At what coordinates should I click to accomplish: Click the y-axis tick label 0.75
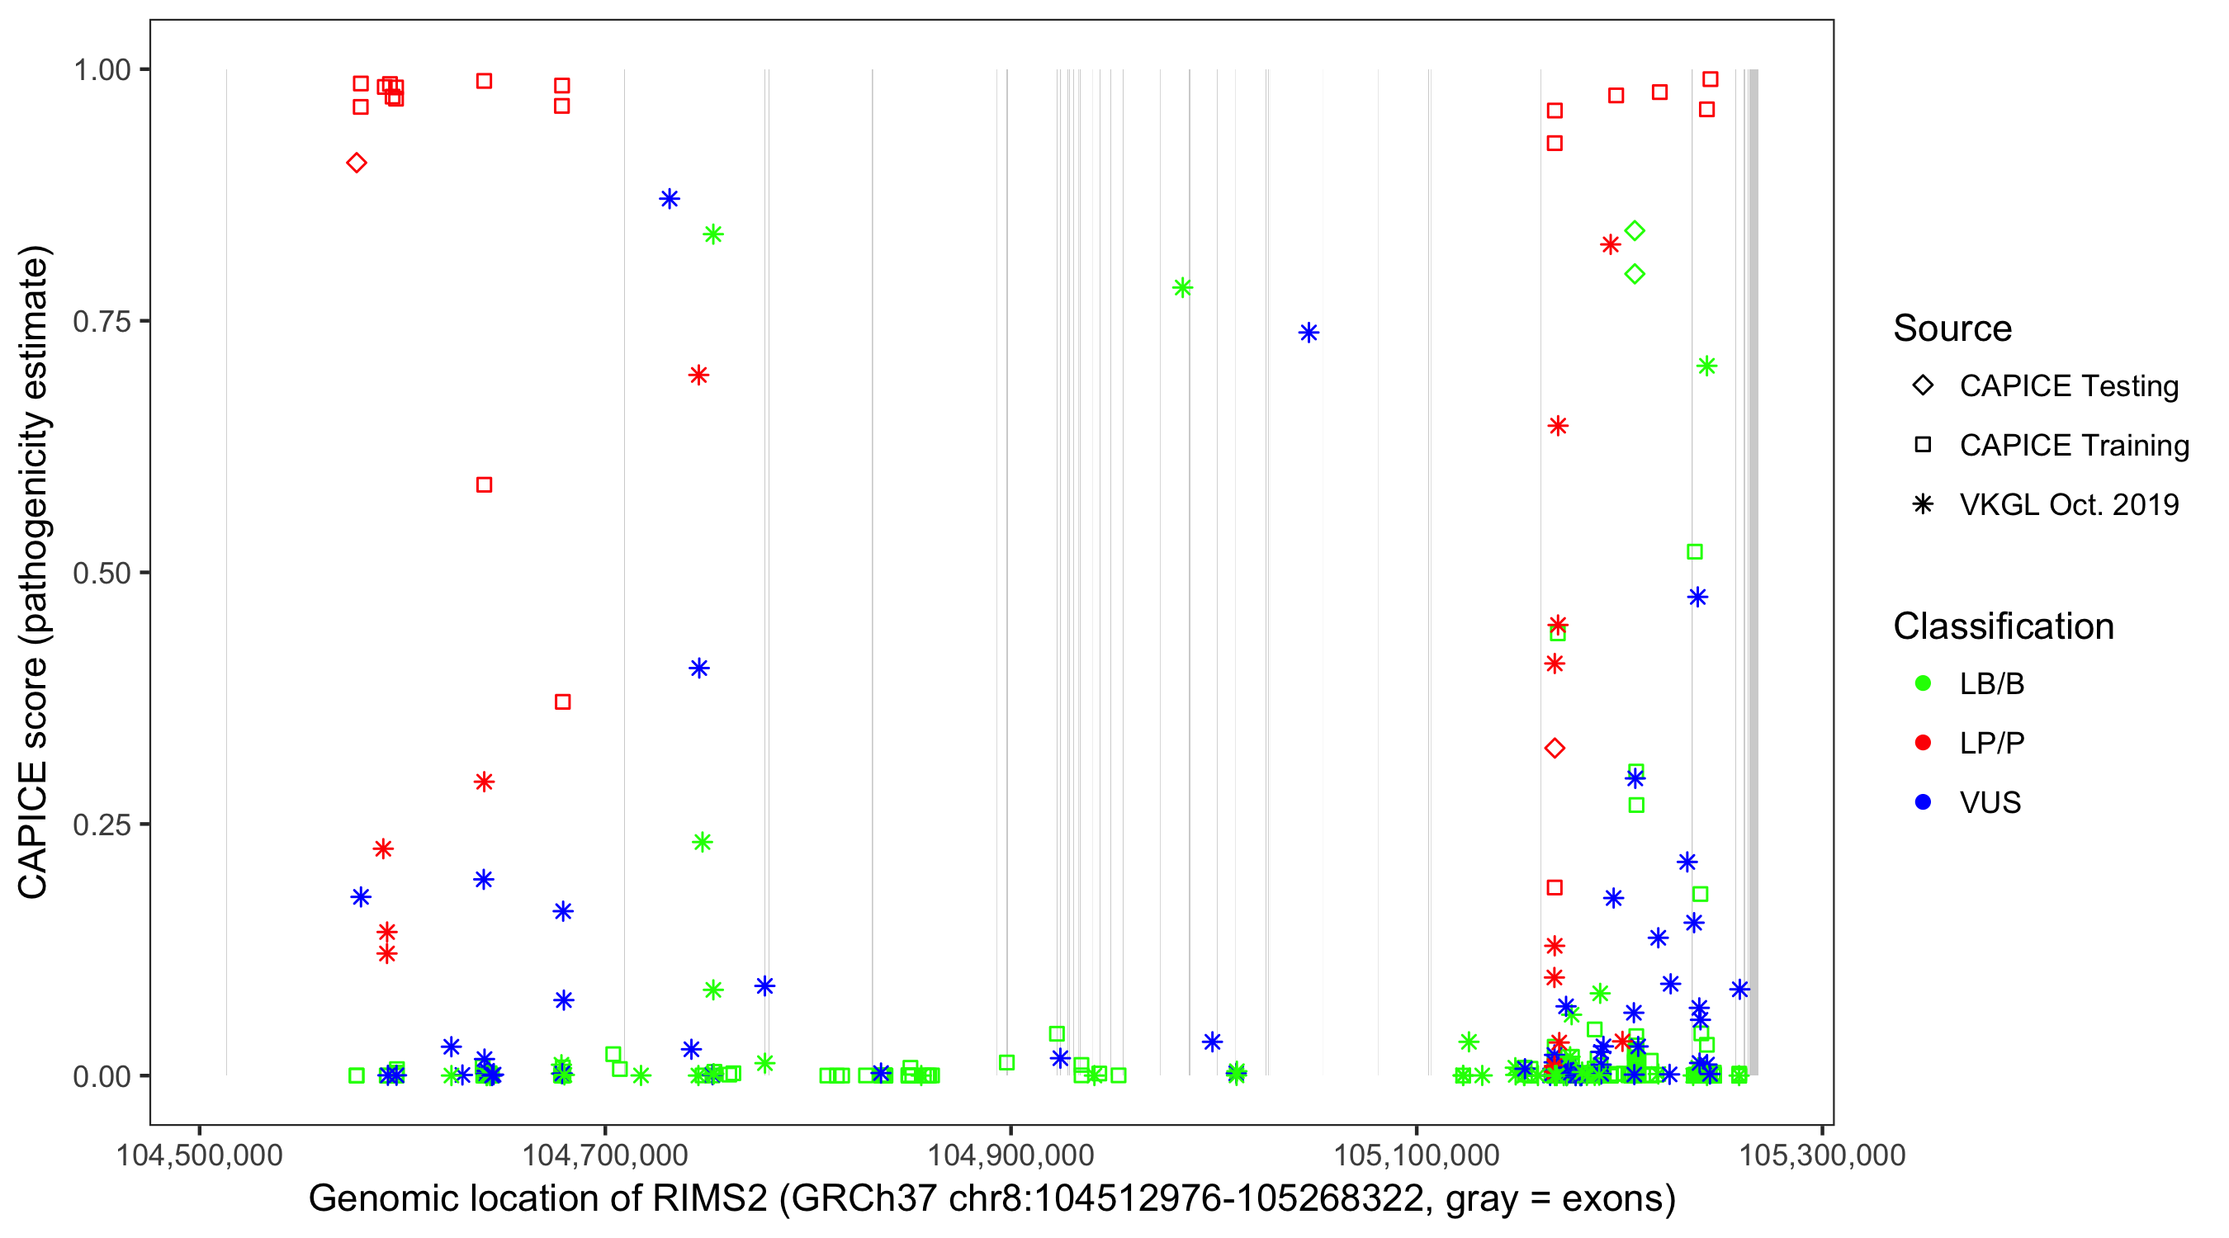tap(101, 322)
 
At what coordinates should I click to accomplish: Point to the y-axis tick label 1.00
tap(101, 70)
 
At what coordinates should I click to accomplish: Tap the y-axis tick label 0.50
tap(101, 574)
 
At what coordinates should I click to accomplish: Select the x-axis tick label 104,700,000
tap(605, 1155)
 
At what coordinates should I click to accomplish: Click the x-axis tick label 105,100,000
tap(1417, 1155)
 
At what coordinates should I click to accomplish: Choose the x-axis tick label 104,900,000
tap(1010, 1155)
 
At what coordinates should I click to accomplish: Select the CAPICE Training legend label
tap(2073, 446)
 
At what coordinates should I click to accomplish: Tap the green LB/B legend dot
tap(1923, 683)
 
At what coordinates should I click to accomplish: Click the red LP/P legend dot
tap(1923, 743)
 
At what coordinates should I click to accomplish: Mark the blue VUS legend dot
tap(1923, 803)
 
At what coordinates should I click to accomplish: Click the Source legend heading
tap(1952, 328)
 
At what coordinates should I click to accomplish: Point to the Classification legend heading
tap(2003, 626)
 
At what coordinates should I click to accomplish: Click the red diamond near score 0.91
tap(357, 163)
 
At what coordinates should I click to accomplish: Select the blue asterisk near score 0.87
tap(669, 199)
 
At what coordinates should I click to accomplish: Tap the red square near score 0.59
tap(485, 485)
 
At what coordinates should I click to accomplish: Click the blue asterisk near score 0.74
tap(1309, 333)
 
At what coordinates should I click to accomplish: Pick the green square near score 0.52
tap(1695, 552)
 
